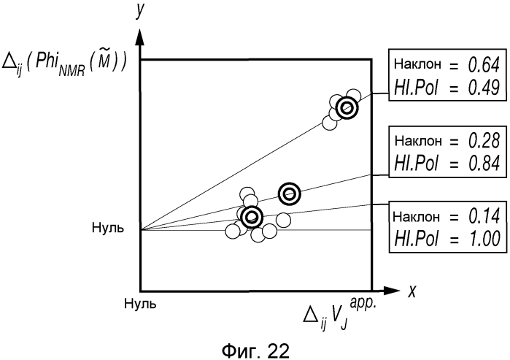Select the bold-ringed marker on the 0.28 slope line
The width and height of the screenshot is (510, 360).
tap(290, 193)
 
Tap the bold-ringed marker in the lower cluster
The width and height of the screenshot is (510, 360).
tap(252, 217)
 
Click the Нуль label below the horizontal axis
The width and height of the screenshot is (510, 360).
tap(139, 302)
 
